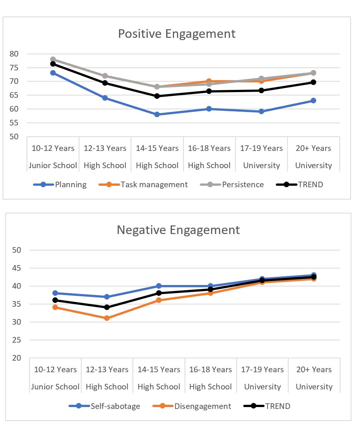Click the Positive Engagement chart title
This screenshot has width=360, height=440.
177,34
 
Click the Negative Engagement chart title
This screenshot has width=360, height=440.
178,230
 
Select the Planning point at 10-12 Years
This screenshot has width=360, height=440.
53,73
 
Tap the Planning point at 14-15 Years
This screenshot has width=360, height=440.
157,114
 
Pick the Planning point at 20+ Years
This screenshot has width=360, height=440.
313,100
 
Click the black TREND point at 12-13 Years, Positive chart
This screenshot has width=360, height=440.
105,83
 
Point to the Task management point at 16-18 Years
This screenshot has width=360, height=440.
209,81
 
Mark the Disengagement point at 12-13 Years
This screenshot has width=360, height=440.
107,318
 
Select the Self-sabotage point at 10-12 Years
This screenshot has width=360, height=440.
55,293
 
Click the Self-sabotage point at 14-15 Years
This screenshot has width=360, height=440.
159,286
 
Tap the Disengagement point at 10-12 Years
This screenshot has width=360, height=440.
55,307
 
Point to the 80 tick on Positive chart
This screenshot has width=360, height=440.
14,54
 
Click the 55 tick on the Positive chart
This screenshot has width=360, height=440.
14,123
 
